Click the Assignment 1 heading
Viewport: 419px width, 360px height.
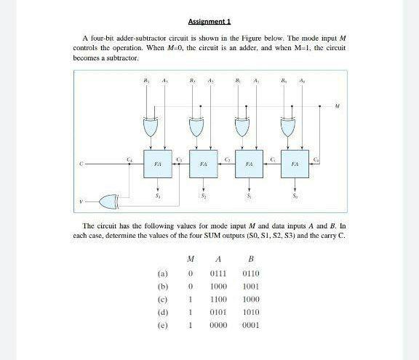click(x=209, y=22)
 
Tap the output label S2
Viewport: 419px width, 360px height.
click(x=203, y=196)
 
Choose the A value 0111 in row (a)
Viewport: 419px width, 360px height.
click(x=218, y=273)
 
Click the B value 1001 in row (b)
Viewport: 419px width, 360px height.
click(x=251, y=287)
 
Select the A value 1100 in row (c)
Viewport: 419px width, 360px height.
click(x=218, y=299)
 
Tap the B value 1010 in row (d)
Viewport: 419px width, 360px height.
click(x=251, y=312)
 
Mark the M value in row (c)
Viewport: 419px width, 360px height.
click(x=190, y=299)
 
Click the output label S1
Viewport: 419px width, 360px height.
click(x=249, y=196)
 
